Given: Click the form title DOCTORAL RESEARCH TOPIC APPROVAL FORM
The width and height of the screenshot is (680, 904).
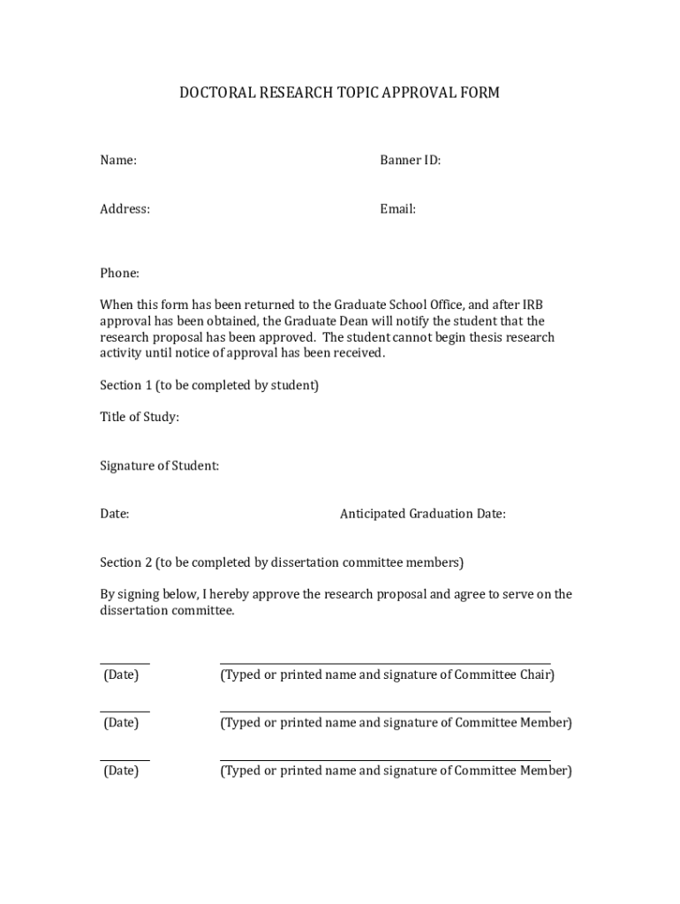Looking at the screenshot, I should (340, 93).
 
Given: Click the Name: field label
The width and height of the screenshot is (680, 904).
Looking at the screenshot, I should (117, 161).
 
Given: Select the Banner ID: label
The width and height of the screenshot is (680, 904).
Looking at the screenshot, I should (410, 161).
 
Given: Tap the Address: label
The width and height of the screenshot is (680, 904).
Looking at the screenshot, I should (125, 209).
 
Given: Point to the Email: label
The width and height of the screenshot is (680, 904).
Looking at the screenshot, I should (397, 209).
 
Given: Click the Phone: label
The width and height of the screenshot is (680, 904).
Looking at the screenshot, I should (119, 274).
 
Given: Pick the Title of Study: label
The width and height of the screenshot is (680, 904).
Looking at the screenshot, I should (140, 418).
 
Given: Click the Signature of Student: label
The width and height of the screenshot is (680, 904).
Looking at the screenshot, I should (159, 466).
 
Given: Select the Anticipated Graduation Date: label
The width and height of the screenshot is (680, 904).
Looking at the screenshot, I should (422, 514).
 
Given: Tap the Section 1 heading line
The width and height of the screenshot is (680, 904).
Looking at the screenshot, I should (209, 386).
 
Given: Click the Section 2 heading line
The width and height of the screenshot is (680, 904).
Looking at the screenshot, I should (281, 562).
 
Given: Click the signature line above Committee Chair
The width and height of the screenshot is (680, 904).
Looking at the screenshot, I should (384, 663).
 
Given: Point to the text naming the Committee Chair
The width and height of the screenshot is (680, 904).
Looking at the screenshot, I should (387, 675).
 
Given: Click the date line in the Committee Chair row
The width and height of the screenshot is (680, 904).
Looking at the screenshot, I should (125, 663).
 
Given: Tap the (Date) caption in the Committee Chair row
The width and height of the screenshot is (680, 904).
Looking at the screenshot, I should (121, 675).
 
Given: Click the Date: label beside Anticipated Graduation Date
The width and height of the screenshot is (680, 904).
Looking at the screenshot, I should (115, 514).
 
